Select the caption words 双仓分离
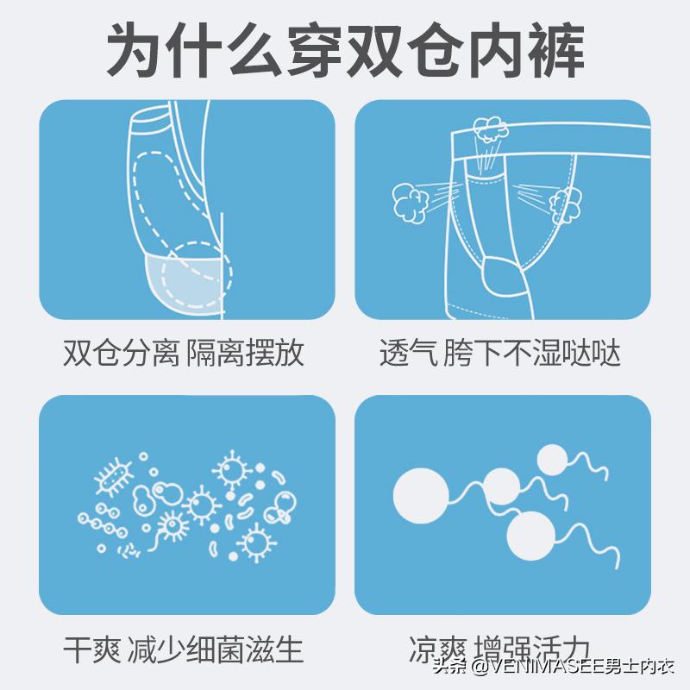(121, 353)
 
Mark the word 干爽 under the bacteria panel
(89, 649)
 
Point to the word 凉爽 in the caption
(433, 649)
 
